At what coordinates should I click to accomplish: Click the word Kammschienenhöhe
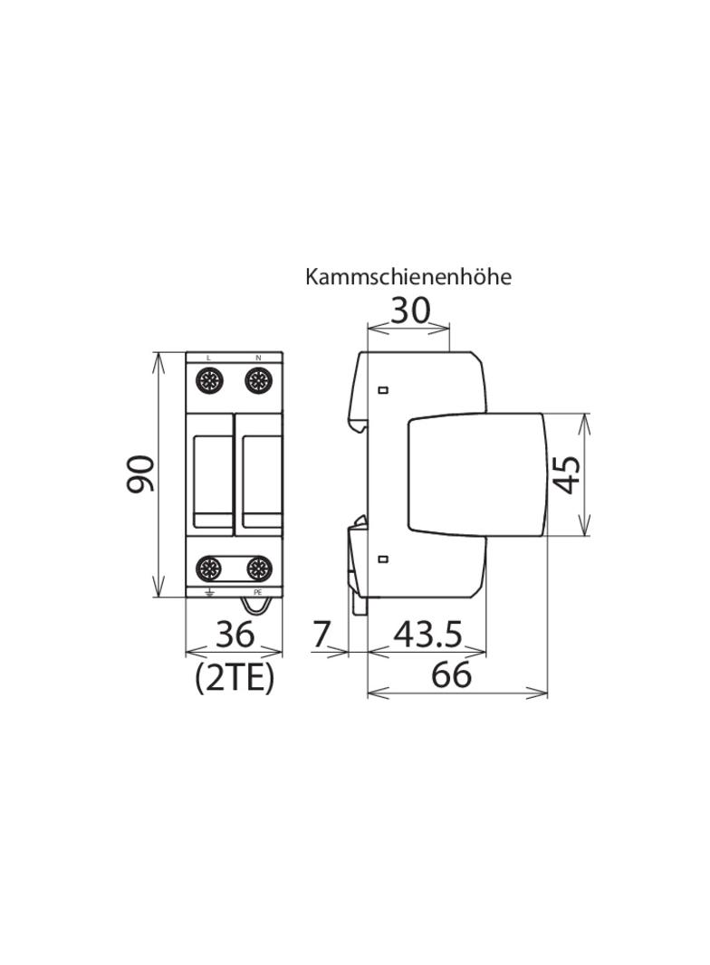tap(408, 277)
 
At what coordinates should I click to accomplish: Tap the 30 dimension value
tap(411, 311)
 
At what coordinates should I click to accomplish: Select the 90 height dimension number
tap(140, 473)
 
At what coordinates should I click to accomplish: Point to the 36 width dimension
tap(235, 634)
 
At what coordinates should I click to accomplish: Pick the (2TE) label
tap(234, 678)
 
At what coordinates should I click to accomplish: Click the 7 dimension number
tap(321, 635)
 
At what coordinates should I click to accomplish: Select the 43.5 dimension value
tap(427, 634)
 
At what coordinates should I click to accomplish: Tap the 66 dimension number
tap(451, 674)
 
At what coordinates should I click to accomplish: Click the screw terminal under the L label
tap(209, 381)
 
